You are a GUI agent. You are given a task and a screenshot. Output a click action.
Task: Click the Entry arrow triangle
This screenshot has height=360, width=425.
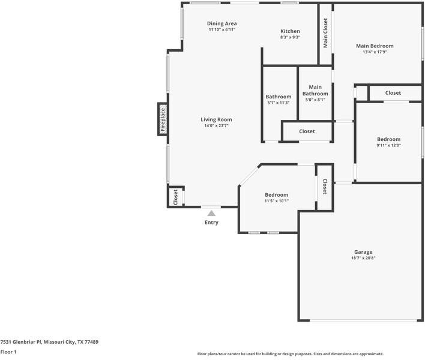click(211, 214)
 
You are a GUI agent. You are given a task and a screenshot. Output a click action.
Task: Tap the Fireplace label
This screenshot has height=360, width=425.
click(163, 119)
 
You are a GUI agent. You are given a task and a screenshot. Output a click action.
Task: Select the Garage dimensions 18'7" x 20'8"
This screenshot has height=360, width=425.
click(363, 258)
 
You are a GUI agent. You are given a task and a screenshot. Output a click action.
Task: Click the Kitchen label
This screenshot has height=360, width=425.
click(290, 31)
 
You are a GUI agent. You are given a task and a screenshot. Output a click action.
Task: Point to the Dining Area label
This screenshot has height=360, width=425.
click(222, 23)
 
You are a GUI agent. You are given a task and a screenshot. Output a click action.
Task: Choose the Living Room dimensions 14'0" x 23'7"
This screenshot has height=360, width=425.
click(216, 125)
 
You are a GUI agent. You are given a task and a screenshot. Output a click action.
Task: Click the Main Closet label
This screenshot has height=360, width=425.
click(325, 33)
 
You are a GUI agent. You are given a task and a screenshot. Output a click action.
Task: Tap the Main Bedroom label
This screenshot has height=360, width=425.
click(375, 46)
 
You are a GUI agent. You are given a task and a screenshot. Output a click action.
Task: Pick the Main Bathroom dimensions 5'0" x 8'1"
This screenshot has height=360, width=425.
click(315, 100)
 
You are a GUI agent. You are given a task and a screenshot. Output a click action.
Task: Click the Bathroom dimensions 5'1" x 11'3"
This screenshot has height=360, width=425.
click(279, 103)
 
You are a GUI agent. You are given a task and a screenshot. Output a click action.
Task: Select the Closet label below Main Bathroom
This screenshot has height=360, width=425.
click(307, 131)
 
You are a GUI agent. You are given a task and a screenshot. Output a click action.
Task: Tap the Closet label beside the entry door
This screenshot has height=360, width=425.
click(175, 197)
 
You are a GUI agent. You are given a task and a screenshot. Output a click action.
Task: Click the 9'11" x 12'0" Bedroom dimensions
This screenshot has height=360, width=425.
click(388, 145)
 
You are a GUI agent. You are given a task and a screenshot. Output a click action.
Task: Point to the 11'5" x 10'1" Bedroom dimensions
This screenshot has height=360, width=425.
click(277, 201)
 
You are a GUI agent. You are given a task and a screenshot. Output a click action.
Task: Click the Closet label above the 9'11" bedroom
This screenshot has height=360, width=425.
click(393, 93)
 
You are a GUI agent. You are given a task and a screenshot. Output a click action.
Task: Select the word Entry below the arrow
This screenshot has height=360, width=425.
click(211, 223)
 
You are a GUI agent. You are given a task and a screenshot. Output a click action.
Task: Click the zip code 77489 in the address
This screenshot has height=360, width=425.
click(91, 342)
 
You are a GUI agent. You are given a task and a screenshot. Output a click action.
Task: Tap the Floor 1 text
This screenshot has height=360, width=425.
click(8, 352)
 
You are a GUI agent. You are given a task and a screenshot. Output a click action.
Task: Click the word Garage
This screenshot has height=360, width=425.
click(363, 252)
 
